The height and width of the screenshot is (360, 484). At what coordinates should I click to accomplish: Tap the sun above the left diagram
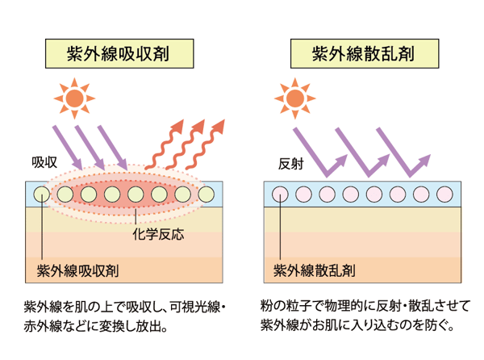[75, 97]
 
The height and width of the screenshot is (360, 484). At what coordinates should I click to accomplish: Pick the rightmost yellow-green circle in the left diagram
[207, 195]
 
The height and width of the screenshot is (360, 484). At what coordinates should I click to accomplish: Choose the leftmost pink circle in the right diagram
[279, 195]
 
